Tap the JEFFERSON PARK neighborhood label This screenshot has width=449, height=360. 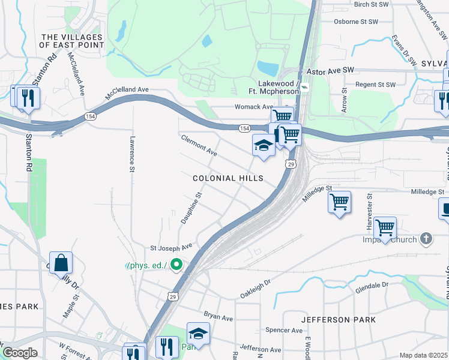tap(339, 320)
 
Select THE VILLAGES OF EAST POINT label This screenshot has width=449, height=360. tap(71, 41)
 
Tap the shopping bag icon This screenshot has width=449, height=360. tap(61, 263)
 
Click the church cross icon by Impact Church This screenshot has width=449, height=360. tap(426, 238)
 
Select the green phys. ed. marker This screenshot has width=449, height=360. tap(176, 264)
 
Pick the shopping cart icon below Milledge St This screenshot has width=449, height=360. tap(339, 201)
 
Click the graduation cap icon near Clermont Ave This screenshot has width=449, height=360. tap(263, 145)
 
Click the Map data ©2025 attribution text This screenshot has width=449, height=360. tap(423, 355)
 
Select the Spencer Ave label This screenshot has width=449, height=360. tap(284, 330)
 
